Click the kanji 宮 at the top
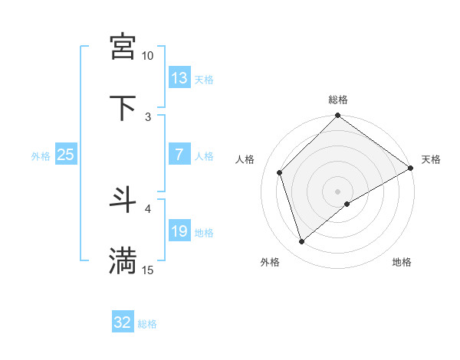[x=123, y=46]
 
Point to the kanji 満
[x=123, y=260]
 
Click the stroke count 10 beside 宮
[x=147, y=56]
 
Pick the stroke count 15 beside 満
[x=147, y=270]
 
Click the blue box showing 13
[x=179, y=78]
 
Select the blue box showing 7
[x=179, y=155]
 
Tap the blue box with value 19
[x=179, y=231]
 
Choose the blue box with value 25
[x=65, y=155]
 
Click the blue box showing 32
[x=123, y=322]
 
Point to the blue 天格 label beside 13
[x=204, y=79]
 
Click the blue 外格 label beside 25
[x=41, y=155]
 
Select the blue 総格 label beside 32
[x=147, y=324]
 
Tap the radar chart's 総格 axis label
[x=338, y=100]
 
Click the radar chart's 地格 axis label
[x=402, y=263]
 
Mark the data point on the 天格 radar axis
[x=411, y=169]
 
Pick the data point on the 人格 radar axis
[x=280, y=172]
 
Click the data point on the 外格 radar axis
[x=302, y=241]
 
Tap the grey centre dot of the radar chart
[x=338, y=191]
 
